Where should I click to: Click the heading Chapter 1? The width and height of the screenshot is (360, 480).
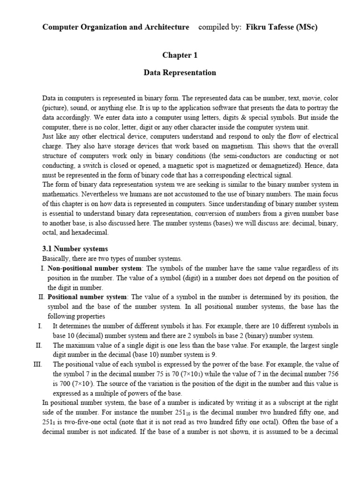tap(180, 55)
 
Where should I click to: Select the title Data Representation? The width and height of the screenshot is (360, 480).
tap(180, 73)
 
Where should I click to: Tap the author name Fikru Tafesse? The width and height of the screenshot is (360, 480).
tap(270, 27)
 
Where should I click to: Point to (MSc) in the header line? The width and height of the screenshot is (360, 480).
tap(307, 27)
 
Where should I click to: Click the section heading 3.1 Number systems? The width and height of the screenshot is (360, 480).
tap(75, 249)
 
